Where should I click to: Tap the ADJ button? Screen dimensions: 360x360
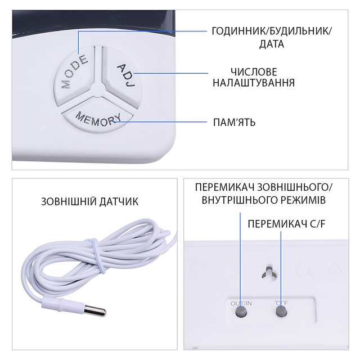point(121,76)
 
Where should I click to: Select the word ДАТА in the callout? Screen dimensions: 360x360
point(272,44)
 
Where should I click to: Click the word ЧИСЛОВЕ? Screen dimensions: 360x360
point(254,72)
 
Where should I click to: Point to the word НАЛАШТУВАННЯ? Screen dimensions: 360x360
point(254,83)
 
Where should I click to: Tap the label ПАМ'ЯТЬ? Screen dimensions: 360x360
point(234,123)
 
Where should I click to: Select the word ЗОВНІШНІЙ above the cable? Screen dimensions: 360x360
point(69,201)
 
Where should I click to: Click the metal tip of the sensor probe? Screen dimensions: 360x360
point(95,310)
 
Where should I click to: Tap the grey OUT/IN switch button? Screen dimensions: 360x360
point(241,312)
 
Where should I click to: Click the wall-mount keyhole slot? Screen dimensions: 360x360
point(269,273)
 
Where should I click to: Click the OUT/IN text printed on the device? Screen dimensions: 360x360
point(241,303)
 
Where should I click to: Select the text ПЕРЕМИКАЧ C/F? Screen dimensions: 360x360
point(286,224)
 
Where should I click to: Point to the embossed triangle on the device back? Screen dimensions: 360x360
point(335,269)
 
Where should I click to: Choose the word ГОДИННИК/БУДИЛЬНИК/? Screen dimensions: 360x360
point(272,31)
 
